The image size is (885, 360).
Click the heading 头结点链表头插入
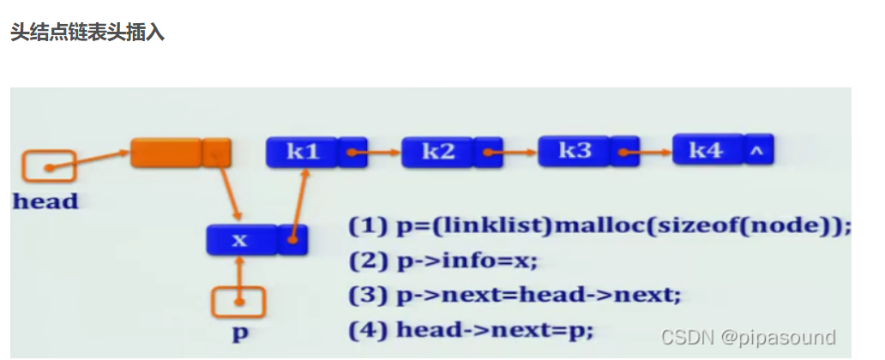click(87, 33)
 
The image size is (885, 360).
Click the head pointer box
click(49, 167)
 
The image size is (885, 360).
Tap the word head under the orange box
click(45, 202)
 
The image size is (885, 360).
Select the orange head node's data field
click(166, 153)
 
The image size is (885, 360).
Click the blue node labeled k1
click(302, 152)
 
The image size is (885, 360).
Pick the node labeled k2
click(438, 152)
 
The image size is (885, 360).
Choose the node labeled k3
click(575, 151)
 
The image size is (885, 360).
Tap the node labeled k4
click(707, 150)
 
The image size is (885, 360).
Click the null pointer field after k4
click(758, 150)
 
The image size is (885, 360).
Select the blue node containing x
click(241, 240)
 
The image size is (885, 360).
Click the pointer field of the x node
click(293, 240)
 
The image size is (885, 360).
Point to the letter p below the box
click(240, 333)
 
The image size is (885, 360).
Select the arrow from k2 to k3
click(513, 153)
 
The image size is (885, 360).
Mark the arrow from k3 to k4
click(648, 153)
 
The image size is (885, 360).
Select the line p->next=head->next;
click(515, 295)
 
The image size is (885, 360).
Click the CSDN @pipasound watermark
click(748, 337)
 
